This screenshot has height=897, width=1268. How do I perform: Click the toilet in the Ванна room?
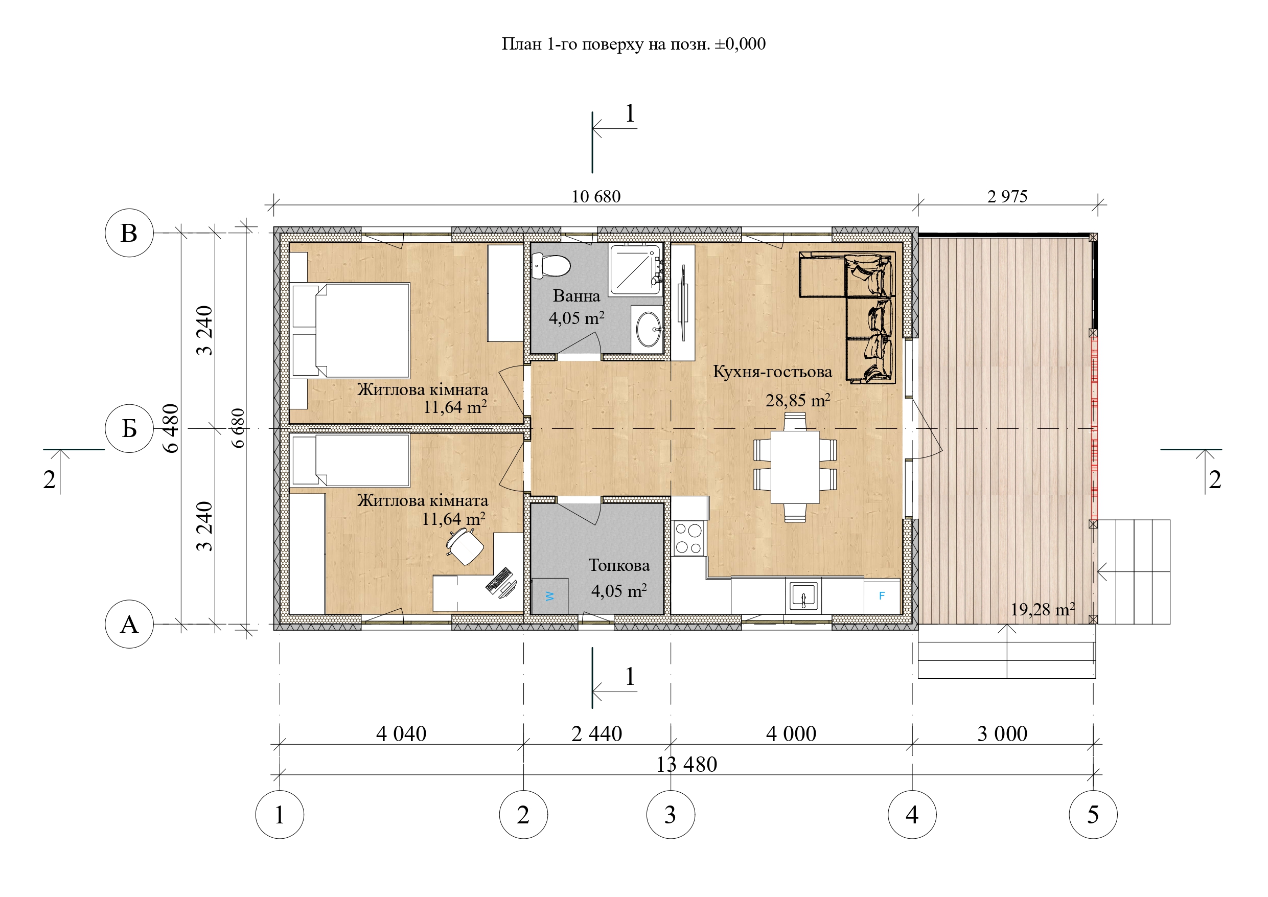coord(550,266)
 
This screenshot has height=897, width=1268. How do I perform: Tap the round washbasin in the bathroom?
coord(649,329)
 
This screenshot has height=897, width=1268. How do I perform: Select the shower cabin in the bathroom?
coord(636,270)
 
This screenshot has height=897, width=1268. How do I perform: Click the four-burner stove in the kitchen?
coord(688,539)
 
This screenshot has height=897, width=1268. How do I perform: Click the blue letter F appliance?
coord(882,596)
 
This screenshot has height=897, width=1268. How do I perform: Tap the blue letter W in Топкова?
coord(549,596)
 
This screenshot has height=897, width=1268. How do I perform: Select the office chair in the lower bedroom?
coord(465,546)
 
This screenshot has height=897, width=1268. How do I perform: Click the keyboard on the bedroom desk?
coord(499,580)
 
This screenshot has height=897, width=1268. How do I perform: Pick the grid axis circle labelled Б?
coord(129,428)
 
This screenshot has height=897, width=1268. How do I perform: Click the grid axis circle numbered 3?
coord(671,815)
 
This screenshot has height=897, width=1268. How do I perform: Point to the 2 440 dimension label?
coord(596,734)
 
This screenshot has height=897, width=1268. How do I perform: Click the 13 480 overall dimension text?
coord(686,765)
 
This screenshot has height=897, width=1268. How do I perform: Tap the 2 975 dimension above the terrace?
coord(1007,197)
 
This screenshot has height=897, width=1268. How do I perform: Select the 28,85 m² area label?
coord(798,400)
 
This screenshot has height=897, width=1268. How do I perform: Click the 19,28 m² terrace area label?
coord(1043,609)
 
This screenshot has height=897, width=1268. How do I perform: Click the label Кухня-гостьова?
coord(773,372)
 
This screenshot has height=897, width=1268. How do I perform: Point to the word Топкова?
coord(619,565)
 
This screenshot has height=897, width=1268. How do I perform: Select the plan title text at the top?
coord(633,44)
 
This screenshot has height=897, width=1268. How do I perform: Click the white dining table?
coord(795,467)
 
